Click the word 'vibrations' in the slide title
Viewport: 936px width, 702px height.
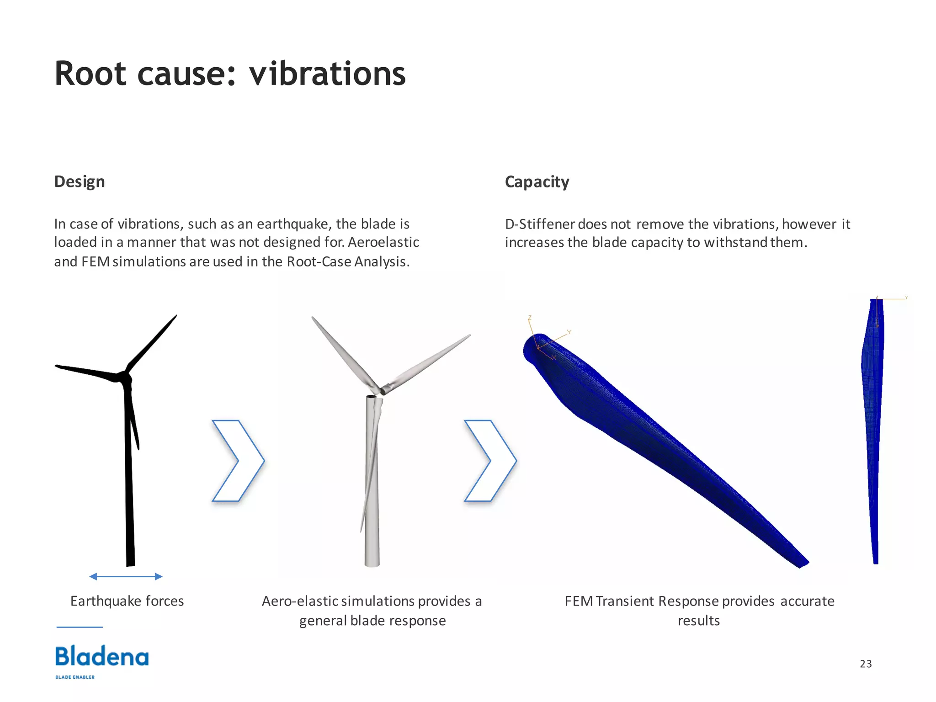[327, 74]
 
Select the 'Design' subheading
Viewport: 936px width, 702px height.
[80, 181]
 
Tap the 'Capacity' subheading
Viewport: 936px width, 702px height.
[537, 182]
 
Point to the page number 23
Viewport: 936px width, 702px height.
[866, 664]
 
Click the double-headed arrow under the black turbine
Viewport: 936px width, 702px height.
[126, 576]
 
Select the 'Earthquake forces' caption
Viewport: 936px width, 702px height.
[127, 601]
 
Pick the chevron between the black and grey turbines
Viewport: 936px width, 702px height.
[238, 461]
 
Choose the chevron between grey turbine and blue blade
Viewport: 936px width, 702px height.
[490, 461]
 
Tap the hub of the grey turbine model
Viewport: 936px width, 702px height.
[381, 390]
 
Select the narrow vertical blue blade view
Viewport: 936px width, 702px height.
[872, 430]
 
